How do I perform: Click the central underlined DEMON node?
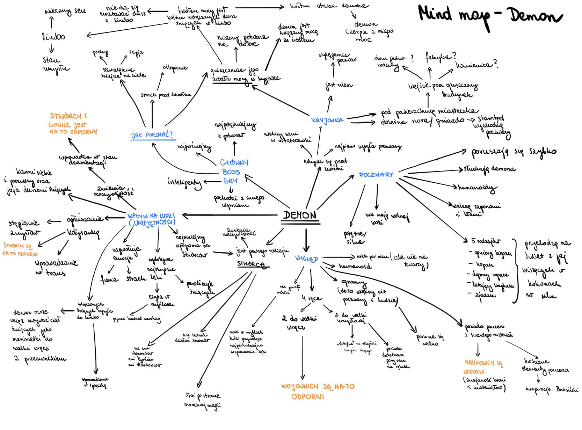[300, 215]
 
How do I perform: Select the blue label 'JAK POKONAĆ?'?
[152, 135]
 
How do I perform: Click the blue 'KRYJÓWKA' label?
[327, 120]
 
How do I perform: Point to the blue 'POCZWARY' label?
[376, 175]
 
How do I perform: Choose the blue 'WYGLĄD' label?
[306, 259]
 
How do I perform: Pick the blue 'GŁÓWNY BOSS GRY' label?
[234, 172]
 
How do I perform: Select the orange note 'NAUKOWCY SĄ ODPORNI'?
[483, 367]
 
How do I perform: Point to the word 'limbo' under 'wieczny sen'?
[53, 36]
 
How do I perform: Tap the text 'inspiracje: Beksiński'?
[552, 389]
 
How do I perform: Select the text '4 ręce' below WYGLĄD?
[312, 298]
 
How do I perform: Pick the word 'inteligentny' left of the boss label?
[184, 182]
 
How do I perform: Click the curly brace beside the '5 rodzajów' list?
[515, 271]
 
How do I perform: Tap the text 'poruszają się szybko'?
[514, 152]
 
